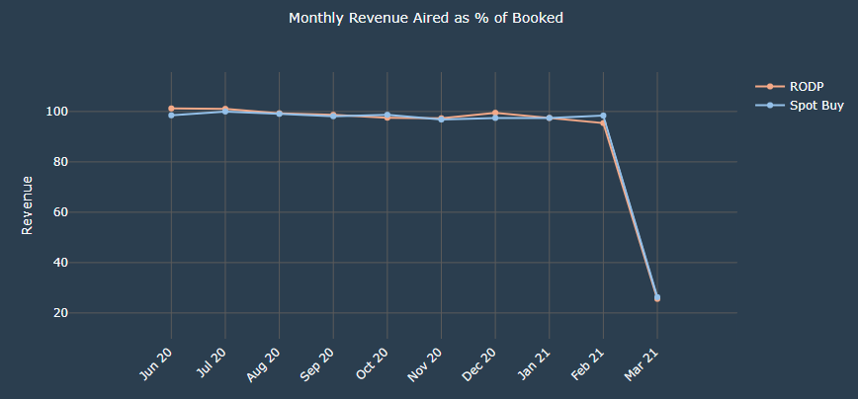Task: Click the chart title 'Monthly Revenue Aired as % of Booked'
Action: click(x=426, y=19)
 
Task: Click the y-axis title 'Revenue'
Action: click(x=28, y=205)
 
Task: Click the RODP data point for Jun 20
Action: click(x=171, y=109)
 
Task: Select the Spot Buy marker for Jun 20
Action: click(x=171, y=116)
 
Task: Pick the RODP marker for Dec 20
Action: click(x=495, y=113)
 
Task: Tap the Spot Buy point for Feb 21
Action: click(x=603, y=116)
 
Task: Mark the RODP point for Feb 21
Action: click(x=603, y=123)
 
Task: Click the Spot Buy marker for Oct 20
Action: click(x=387, y=115)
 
